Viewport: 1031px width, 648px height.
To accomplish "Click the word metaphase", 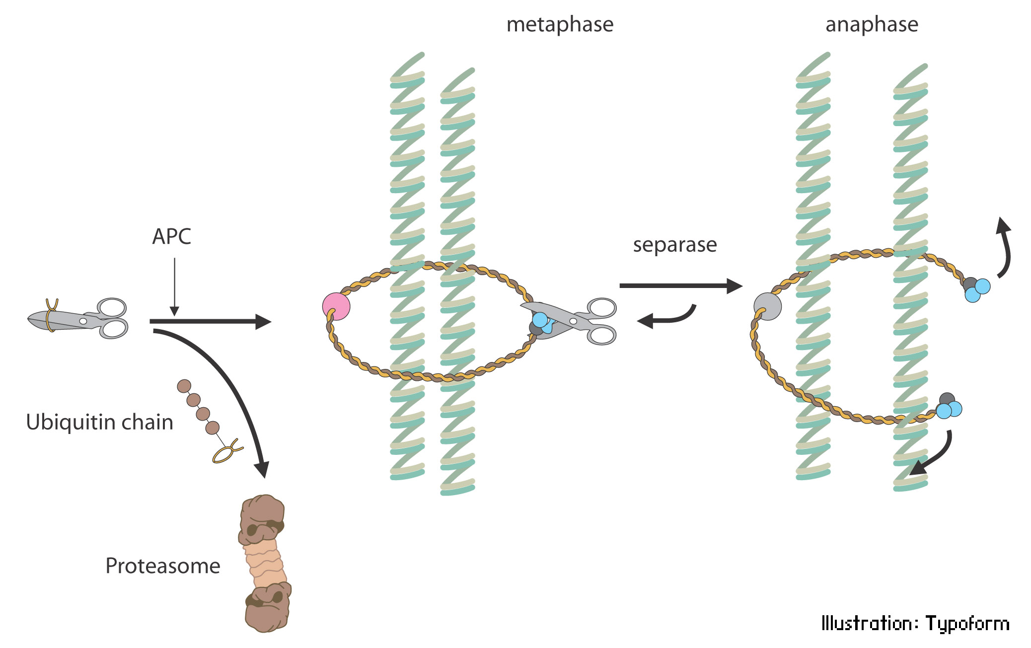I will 560,24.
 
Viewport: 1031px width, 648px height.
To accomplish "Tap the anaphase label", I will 872,24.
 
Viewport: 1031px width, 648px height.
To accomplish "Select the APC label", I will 171,236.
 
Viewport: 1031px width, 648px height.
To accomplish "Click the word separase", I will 674,245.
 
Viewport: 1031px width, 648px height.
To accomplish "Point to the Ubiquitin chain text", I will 99,422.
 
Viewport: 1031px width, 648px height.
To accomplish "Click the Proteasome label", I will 162,566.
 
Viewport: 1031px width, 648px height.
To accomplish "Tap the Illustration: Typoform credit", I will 915,623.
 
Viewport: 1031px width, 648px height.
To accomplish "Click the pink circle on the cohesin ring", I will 336,306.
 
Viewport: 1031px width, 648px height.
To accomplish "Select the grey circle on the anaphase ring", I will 767,306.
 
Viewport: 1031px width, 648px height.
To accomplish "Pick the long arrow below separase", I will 680,286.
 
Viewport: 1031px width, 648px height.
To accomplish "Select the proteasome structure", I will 265,564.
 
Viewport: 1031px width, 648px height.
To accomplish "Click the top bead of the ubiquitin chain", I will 184,386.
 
